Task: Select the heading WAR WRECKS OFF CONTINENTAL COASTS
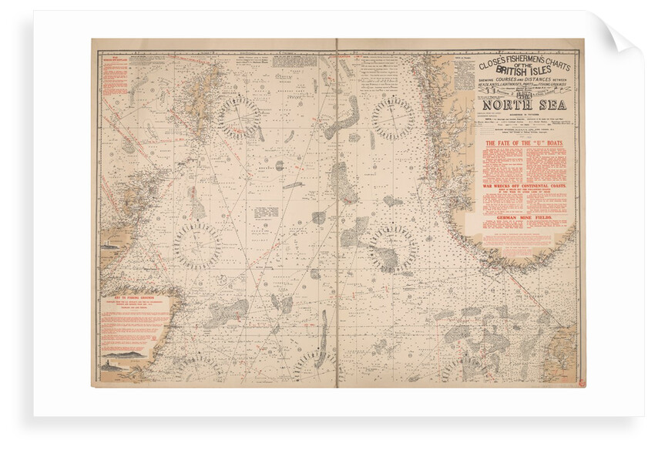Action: (x=524, y=186)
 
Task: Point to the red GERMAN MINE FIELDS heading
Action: (x=524, y=218)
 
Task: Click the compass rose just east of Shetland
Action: (x=238, y=117)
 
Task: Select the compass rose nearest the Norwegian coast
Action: (x=393, y=117)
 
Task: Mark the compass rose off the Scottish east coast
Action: (x=197, y=246)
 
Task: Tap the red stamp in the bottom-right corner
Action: (x=579, y=382)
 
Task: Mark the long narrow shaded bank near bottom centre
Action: (x=323, y=339)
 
